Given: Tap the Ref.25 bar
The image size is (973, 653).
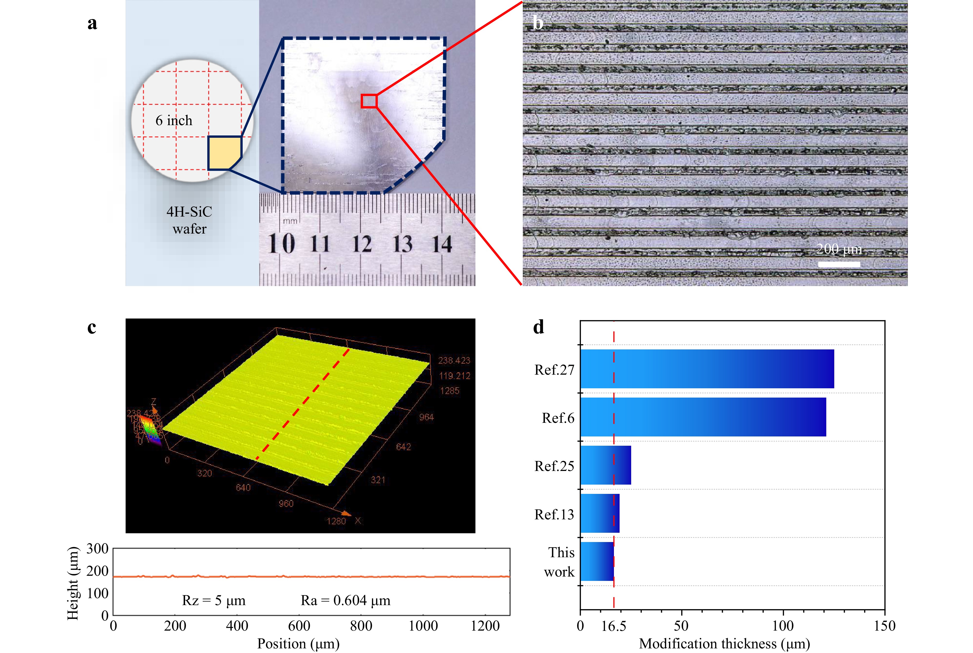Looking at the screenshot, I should coord(605,465).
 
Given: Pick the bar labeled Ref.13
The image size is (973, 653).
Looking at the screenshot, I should coord(600,513).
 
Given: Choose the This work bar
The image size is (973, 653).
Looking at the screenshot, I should coord(597,561).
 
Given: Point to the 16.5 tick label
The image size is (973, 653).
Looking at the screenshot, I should coord(614,626).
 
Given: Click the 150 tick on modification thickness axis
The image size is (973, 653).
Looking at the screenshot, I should coord(884,626).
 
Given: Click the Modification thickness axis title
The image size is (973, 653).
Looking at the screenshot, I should coord(724,644).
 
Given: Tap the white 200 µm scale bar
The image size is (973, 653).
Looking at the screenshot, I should coord(839,264).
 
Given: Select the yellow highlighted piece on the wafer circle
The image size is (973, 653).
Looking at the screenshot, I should coord(224,153).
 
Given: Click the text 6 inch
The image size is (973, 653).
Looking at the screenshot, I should coord(174,121).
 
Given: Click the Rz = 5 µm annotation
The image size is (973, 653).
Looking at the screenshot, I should coord(214,600).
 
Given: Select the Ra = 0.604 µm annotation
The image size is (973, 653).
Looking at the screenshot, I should coord(345,600).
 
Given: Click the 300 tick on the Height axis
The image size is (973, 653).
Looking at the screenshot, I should coord(97,549).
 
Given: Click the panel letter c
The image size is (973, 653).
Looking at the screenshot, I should coord(92,328).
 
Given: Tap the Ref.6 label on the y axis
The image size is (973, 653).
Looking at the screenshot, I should coord(558,418).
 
